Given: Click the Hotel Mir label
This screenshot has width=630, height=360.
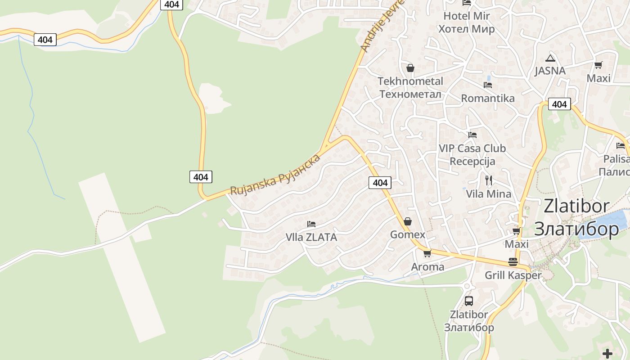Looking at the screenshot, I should tap(466, 22).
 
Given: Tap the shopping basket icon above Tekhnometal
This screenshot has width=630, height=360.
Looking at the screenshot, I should tap(410, 68).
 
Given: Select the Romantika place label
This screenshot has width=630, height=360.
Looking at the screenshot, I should tap(488, 98).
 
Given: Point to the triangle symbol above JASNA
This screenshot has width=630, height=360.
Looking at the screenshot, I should tap(550, 58).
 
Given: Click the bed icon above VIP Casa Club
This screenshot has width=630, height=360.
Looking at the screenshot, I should tap(472, 135).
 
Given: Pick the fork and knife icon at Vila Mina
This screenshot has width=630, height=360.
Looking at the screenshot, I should tap(489, 180).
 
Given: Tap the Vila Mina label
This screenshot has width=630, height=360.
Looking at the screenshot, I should tap(489, 194).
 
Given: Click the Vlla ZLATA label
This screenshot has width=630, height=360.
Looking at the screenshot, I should tap(311, 237).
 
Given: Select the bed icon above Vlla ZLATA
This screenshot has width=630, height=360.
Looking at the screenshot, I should tap(311, 224).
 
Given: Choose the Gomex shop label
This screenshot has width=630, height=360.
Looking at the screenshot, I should tap(408, 234).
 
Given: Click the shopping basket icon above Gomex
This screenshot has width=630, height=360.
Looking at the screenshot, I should tap(408, 221).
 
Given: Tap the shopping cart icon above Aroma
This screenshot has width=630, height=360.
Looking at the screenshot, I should tap(427, 253).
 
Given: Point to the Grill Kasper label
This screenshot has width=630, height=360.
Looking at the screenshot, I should tap(513, 275).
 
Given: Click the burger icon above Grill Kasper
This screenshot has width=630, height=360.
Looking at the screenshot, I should tap(513, 261).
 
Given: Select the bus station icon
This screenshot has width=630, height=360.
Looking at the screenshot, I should tap(469, 301).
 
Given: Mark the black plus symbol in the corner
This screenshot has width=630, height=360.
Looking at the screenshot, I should tap(607, 353).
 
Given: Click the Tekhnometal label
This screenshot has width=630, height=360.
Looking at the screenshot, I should tap(410, 87).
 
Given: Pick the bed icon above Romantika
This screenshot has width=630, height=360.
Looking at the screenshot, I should tap(487, 85).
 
